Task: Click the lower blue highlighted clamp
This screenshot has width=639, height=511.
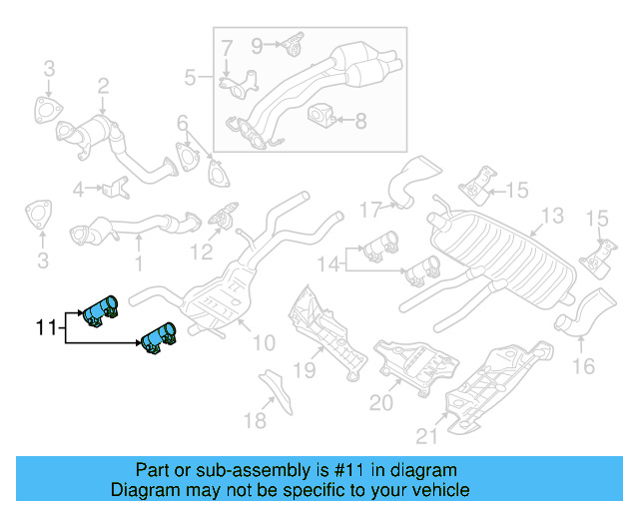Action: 158,338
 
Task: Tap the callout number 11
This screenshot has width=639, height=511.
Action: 46,326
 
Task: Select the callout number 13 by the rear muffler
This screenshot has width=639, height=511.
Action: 551,216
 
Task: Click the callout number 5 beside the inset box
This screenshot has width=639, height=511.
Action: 191,77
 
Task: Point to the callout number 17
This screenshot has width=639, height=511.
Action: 370,210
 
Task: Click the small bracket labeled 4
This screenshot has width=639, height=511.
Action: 116,187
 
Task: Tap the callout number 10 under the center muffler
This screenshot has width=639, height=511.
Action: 263,343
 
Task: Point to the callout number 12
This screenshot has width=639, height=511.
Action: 203,252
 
